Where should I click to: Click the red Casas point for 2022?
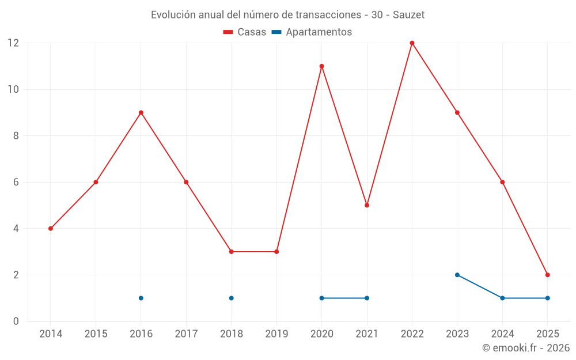pyautogui.click(x=412, y=43)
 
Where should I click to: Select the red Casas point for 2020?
pyautogui.click(x=321, y=66)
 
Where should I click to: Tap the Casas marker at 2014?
pyautogui.click(x=51, y=229)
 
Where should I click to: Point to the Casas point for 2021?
pyautogui.click(x=367, y=205)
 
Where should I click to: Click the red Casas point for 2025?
pyautogui.click(x=547, y=275)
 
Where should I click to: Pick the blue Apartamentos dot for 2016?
pyautogui.click(x=141, y=298)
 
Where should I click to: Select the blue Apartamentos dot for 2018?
pyautogui.click(x=231, y=298)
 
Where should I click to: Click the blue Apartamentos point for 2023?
pyautogui.click(x=457, y=275)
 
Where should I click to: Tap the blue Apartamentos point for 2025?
pyautogui.click(x=547, y=298)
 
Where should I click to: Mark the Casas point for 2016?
pyautogui.click(x=141, y=112)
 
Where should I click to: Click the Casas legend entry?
pyautogui.click(x=245, y=32)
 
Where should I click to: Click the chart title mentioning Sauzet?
pyautogui.click(x=287, y=15)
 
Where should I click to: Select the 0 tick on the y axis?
pyautogui.click(x=16, y=321)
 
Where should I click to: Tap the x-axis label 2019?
pyautogui.click(x=276, y=334)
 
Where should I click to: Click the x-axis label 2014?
pyautogui.click(x=51, y=334)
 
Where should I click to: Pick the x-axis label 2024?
pyautogui.click(x=502, y=334)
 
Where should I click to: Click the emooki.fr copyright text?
pyautogui.click(x=525, y=348)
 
